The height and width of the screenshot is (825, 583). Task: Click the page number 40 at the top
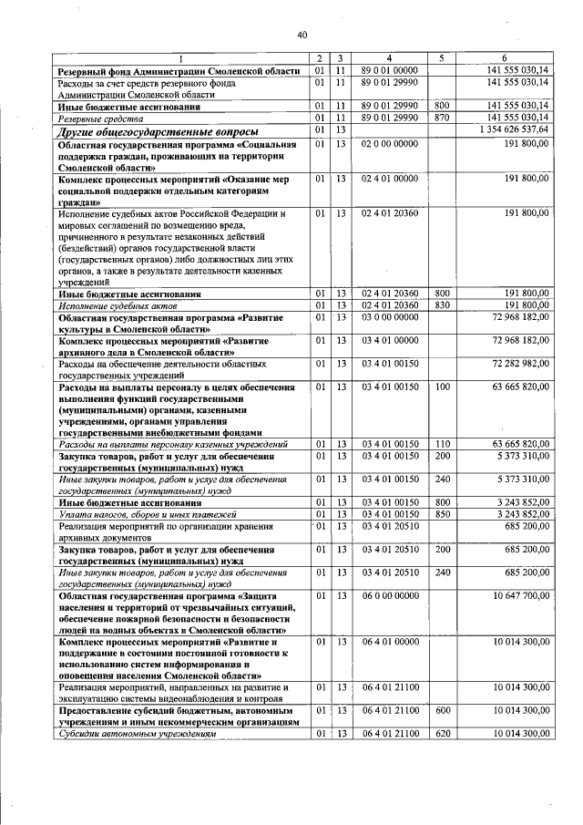click(x=302, y=36)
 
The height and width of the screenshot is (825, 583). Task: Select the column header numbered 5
click(x=441, y=57)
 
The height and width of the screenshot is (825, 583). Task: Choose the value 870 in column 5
click(x=443, y=118)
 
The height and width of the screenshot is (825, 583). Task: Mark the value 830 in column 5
click(x=443, y=304)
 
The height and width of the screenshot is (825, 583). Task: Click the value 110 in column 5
click(x=443, y=444)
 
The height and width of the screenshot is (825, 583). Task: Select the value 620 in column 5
click(x=443, y=733)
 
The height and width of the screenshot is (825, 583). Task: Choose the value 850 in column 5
click(x=443, y=514)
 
